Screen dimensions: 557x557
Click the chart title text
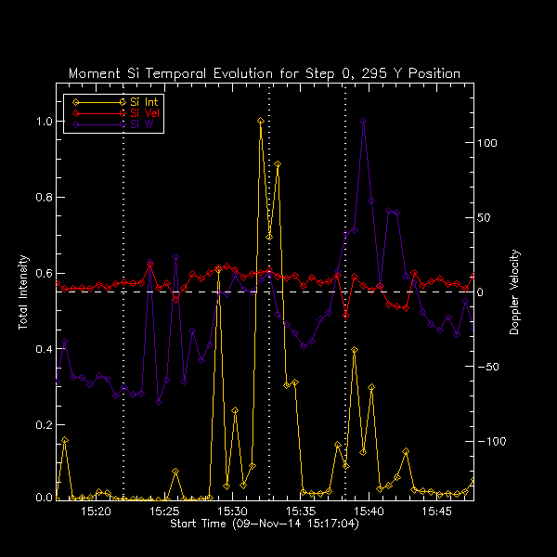click(x=265, y=73)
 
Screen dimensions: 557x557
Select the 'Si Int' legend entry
click(x=143, y=101)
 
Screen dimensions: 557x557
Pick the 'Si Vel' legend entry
click(x=143, y=112)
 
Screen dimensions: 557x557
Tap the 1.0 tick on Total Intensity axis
click(x=43, y=121)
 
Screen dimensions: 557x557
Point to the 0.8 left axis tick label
click(x=43, y=197)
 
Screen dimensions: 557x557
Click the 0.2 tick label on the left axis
click(x=43, y=424)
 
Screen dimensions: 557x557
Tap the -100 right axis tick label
click(x=491, y=441)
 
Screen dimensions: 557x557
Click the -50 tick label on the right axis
click(x=489, y=367)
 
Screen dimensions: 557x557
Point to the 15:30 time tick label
click(x=232, y=512)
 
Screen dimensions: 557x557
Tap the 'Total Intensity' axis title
click(x=22, y=293)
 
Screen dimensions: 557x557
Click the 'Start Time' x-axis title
click(x=265, y=525)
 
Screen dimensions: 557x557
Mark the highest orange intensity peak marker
click(x=261, y=121)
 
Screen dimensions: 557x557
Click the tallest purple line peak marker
click(x=363, y=121)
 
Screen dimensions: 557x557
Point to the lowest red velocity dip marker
click(x=346, y=315)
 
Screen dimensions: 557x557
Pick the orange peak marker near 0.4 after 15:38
click(x=355, y=350)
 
